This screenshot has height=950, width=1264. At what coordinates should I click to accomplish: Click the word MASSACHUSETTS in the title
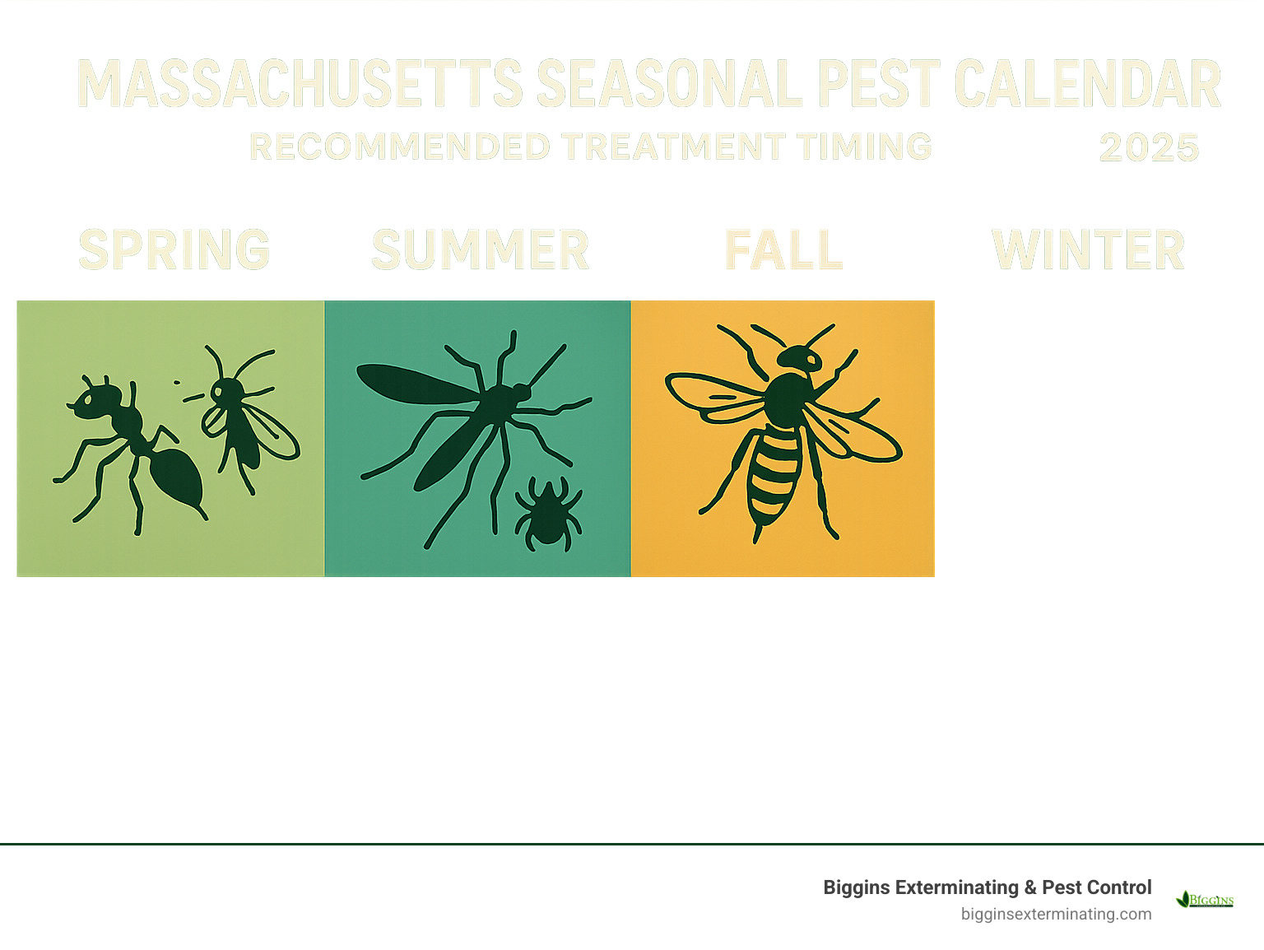click(300, 84)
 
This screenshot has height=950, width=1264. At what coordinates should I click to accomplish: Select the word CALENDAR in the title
click(1087, 84)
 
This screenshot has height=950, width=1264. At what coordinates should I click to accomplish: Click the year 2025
click(1149, 148)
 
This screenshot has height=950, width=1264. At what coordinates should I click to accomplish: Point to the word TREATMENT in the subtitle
click(674, 147)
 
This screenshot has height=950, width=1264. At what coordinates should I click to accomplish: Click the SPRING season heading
click(174, 250)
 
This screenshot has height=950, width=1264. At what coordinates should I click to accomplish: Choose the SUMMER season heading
click(481, 250)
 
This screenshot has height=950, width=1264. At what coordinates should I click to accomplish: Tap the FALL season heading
click(783, 250)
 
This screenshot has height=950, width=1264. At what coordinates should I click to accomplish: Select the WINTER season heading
click(1088, 250)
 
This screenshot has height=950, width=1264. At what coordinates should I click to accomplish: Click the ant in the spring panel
click(132, 445)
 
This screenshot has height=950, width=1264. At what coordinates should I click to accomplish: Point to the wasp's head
click(800, 358)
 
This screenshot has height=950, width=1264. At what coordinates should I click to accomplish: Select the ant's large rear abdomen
click(176, 477)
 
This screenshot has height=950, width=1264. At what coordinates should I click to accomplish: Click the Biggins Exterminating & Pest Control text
click(987, 887)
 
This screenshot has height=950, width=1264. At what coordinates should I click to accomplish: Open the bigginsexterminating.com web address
click(1056, 914)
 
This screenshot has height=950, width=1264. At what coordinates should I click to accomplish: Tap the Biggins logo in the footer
click(1205, 899)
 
